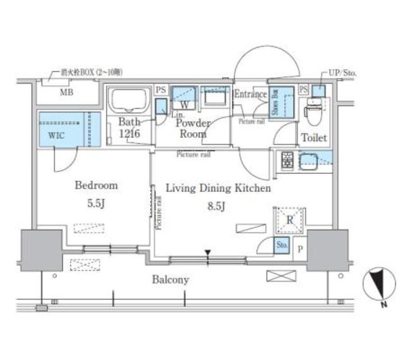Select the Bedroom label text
coord(96,185)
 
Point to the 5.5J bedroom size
coord(96,205)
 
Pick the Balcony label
coord(170,279)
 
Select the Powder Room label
coord(192,128)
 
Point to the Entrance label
coord(251,94)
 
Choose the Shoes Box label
coord(276,102)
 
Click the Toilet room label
coord(313,137)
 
